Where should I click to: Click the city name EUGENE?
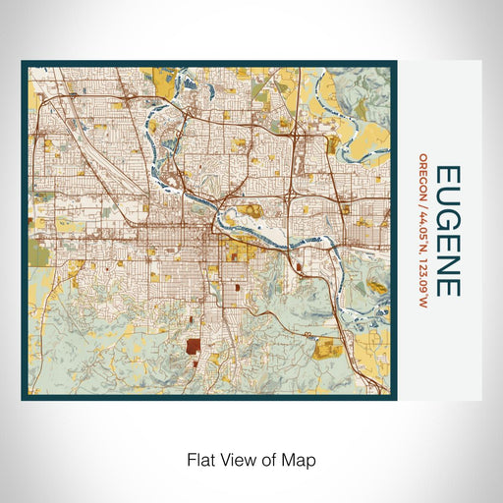(448, 230)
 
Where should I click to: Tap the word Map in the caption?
(300, 459)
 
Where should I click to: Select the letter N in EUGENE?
(448, 265)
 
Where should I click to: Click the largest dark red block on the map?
(193, 346)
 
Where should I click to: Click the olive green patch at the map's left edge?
(37, 255)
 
